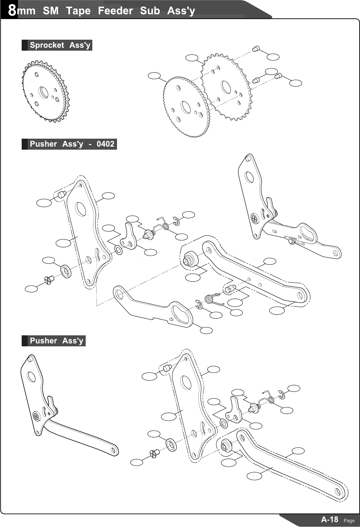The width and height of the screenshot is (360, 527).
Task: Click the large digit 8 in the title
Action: pyautogui.click(x=12, y=10)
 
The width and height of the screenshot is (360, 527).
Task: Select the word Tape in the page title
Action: pyautogui.click(x=78, y=11)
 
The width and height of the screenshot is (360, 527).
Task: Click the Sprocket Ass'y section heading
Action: pyautogui.click(x=60, y=45)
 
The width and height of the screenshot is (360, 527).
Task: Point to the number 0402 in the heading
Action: pyautogui.click(x=105, y=144)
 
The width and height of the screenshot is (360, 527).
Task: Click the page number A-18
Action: pyautogui.click(x=329, y=519)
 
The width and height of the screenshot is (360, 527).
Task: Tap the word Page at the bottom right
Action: pyautogui.click(x=349, y=520)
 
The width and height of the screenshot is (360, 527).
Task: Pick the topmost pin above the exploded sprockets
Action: pyautogui.click(x=256, y=49)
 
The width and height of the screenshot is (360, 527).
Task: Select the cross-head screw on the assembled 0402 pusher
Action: pyautogui.click(x=255, y=219)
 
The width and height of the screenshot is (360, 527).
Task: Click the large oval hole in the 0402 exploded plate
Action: pyautogui.click(x=81, y=209)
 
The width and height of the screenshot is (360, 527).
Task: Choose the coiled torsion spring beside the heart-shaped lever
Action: pyautogui.click(x=210, y=298)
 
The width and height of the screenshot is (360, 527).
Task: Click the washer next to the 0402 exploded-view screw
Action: pyautogui.click(x=66, y=271)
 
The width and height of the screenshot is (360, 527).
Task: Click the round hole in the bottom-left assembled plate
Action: pyautogui.click(x=31, y=377)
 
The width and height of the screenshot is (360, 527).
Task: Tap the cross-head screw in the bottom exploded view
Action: pyautogui.click(x=154, y=454)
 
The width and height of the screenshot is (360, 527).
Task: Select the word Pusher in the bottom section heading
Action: pyautogui.click(x=43, y=341)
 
